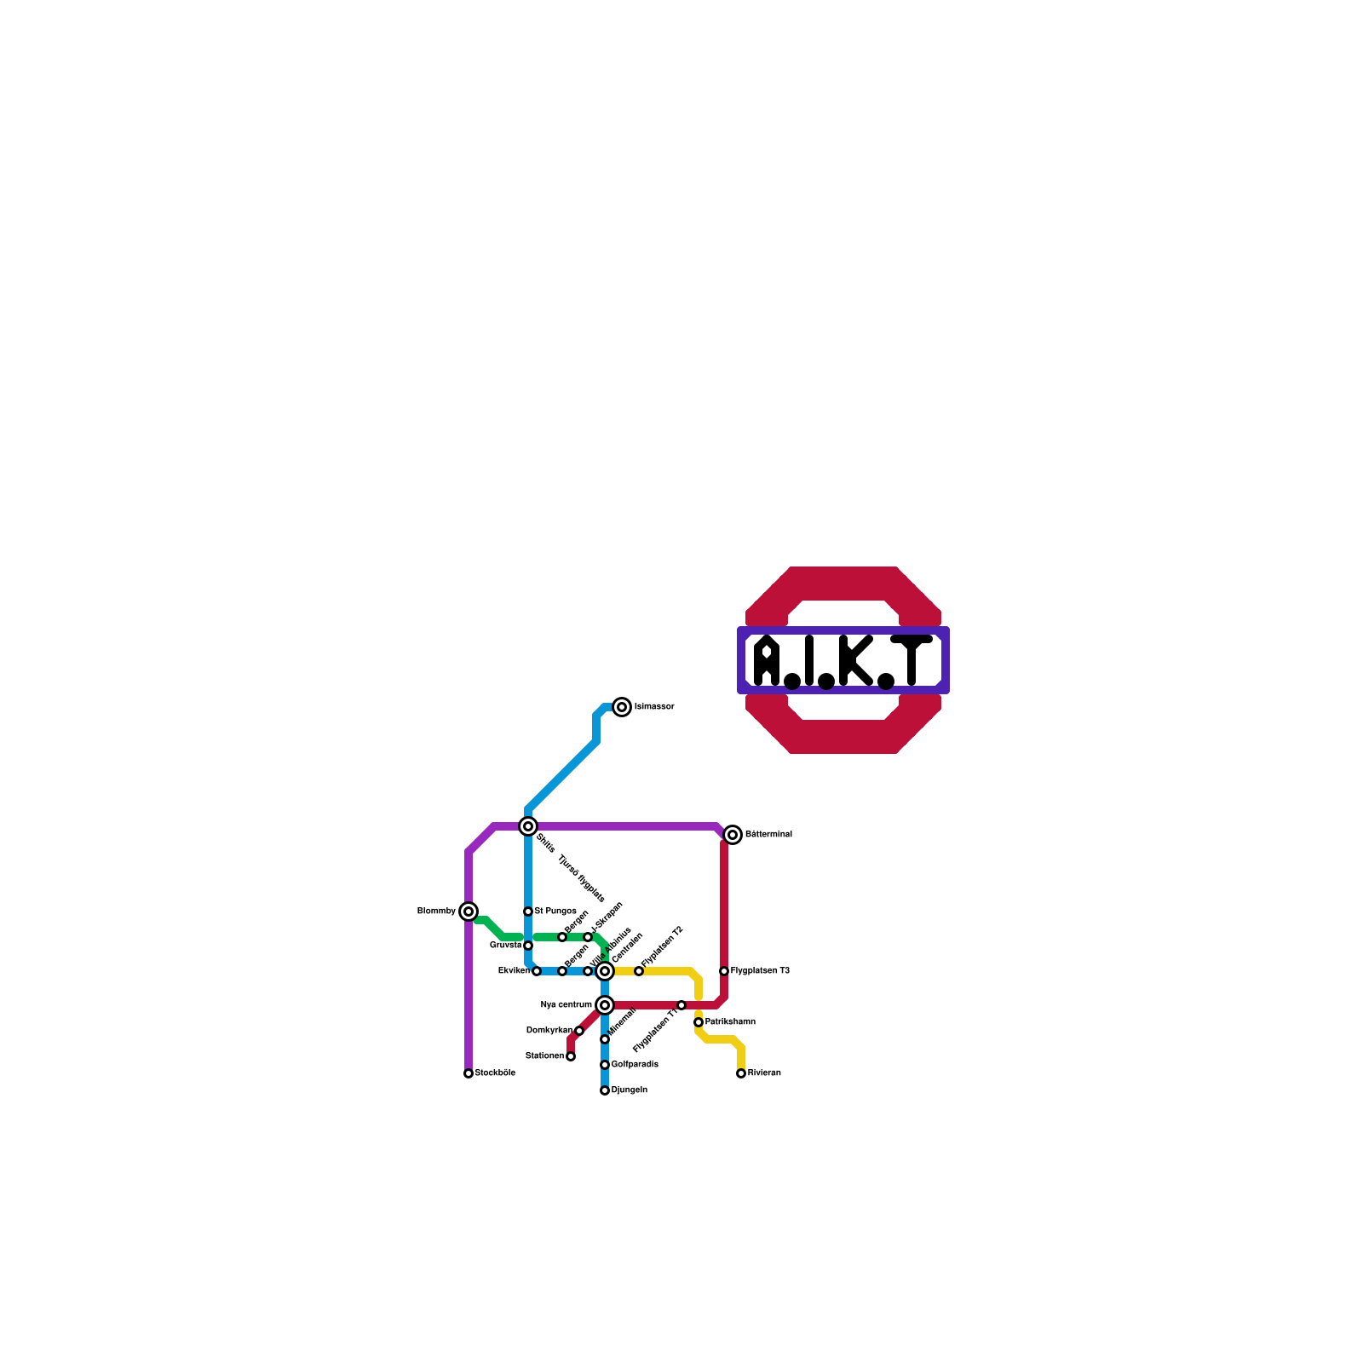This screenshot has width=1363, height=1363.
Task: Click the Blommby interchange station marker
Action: [x=469, y=912]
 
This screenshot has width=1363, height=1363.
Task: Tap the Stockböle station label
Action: [x=495, y=1073]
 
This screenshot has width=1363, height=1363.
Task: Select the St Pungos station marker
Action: [x=528, y=912]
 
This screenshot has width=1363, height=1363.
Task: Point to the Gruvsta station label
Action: [x=506, y=946]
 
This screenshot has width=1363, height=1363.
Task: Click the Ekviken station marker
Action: [x=537, y=971]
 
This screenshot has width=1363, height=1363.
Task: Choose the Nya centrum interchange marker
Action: [x=605, y=1005]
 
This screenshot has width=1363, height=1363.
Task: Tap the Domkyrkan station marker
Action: [x=579, y=1031]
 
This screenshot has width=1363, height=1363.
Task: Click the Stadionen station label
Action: [x=544, y=1056]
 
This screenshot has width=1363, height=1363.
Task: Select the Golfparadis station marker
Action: [x=605, y=1065]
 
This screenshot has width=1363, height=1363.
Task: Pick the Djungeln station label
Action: [x=630, y=1090]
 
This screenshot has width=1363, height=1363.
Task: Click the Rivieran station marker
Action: [x=741, y=1073]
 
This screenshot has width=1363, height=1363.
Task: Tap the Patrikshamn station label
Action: [x=730, y=1022]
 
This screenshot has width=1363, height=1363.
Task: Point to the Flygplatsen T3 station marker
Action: [x=724, y=971]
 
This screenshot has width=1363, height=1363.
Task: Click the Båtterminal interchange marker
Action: [x=733, y=835]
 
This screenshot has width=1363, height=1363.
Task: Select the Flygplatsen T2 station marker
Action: [x=639, y=971]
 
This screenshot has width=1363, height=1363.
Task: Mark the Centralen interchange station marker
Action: [x=605, y=971]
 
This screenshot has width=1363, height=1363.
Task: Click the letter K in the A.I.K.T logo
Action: [x=855, y=661]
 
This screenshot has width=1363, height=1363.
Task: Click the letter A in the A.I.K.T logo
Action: [x=768, y=661]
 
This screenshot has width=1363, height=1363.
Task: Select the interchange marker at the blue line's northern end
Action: [x=623, y=707]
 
